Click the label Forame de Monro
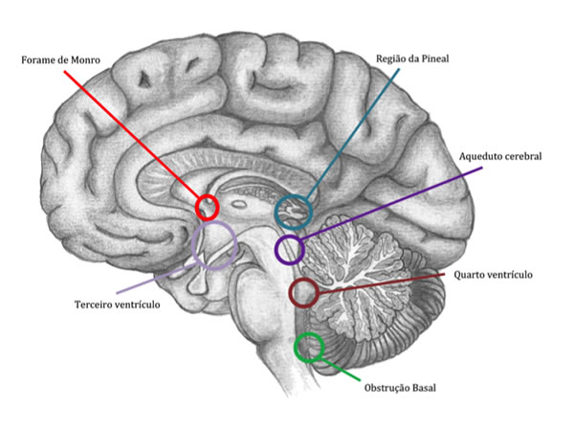click(58, 59)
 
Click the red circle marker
click(207, 206)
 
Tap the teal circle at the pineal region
click(294, 211)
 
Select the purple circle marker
click(289, 250)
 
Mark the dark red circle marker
click(303, 292)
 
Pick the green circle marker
click(309, 346)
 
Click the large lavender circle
click(214, 245)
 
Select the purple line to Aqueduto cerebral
click(392, 206)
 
